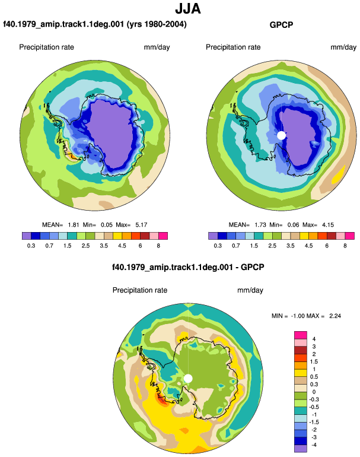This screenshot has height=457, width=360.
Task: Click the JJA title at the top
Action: (x=188, y=9)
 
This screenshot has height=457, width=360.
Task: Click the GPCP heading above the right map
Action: (x=281, y=25)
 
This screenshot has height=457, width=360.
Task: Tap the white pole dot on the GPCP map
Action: (x=281, y=135)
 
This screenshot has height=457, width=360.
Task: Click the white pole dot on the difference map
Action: (x=188, y=379)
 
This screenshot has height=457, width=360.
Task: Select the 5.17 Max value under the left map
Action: (x=141, y=225)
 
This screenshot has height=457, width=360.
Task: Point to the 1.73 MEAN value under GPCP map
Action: (x=260, y=225)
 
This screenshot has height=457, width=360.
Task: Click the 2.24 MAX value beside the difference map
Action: (x=335, y=316)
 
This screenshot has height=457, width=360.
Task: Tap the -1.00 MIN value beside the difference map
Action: (x=298, y=316)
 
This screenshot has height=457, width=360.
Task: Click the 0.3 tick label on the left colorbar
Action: (x=31, y=246)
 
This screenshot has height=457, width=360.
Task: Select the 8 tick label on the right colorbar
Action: (x=345, y=246)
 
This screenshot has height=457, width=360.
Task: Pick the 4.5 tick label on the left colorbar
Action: (x=122, y=246)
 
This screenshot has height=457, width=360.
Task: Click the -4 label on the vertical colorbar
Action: (x=313, y=445)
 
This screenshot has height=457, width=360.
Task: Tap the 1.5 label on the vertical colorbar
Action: (x=314, y=361)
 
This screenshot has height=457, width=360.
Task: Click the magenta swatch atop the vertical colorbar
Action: (x=301, y=335)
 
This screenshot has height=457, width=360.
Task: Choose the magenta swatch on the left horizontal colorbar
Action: (x=163, y=236)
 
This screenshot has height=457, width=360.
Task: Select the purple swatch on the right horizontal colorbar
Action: (x=213, y=236)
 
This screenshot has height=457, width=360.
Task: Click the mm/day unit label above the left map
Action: (x=157, y=47)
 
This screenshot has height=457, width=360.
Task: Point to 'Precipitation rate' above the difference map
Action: (x=140, y=290)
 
